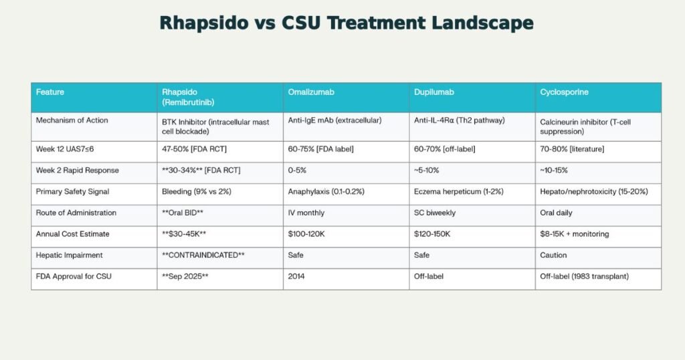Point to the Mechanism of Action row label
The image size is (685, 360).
click(x=72, y=120)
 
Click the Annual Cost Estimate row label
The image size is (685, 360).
click(x=73, y=234)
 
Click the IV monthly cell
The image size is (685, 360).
click(x=306, y=213)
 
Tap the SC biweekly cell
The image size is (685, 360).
click(x=435, y=213)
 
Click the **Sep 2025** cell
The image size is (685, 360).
click(x=185, y=276)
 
